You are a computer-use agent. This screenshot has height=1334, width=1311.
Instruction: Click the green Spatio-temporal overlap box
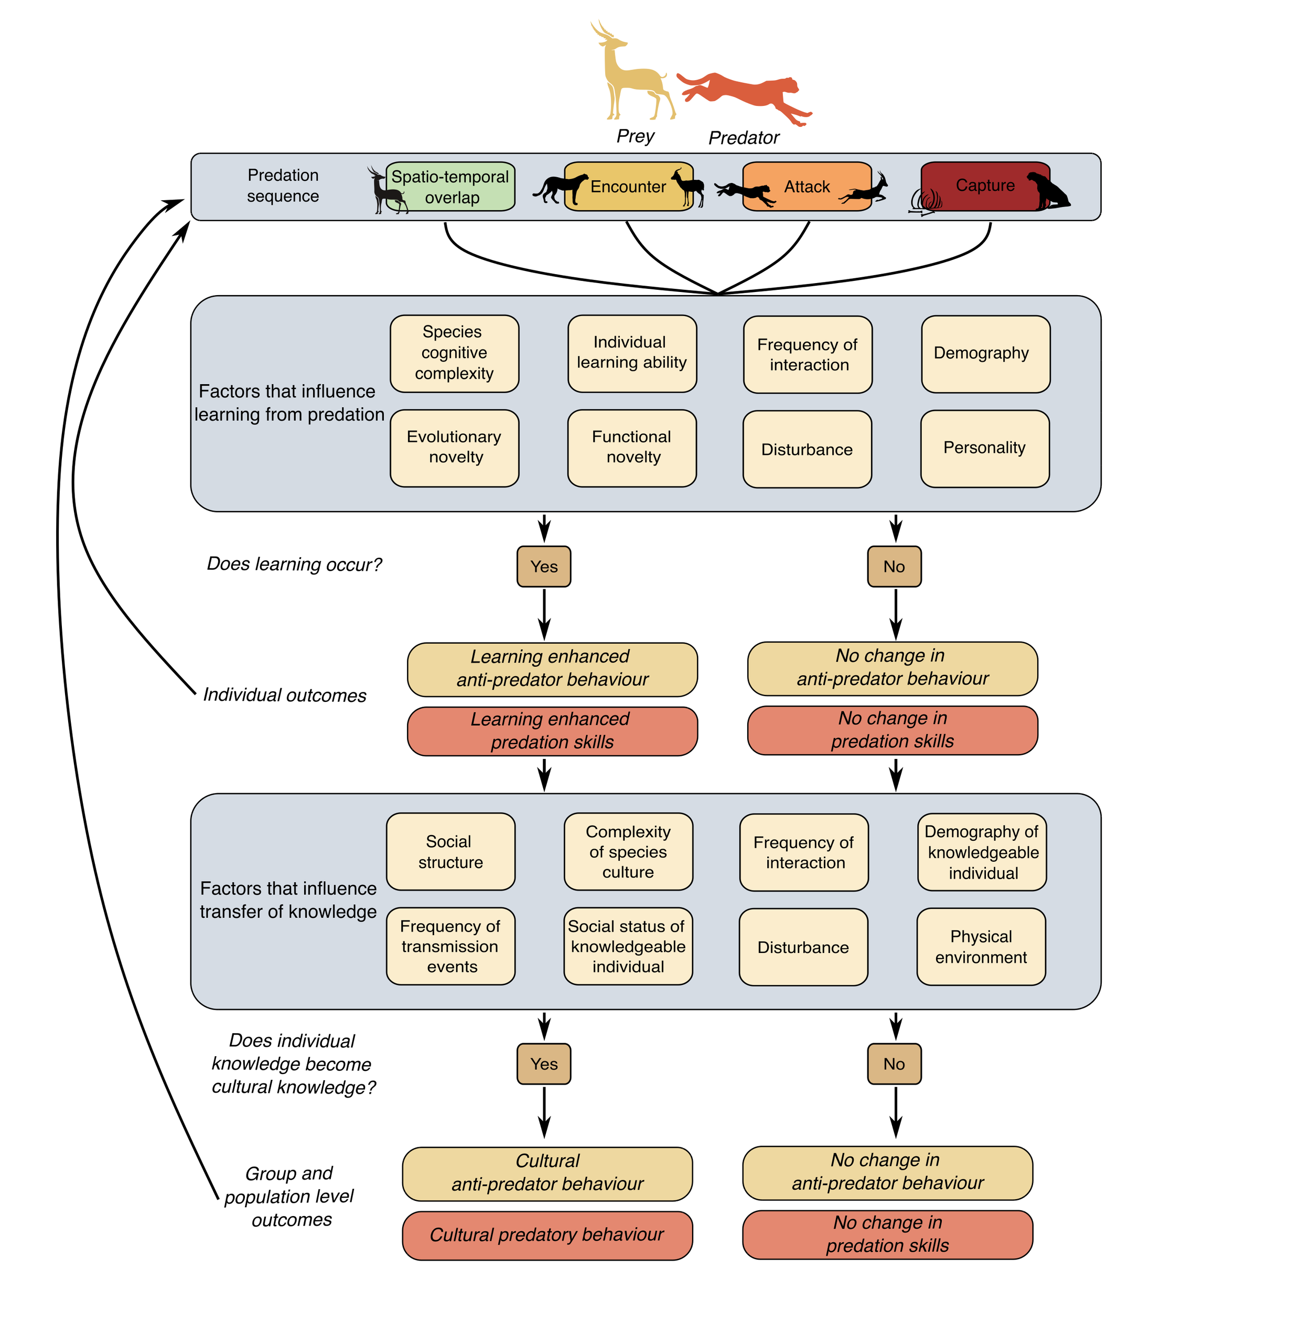tap(451, 187)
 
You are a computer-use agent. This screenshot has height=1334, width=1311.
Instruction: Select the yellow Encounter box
tap(628, 187)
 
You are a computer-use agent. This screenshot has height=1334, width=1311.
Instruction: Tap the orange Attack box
tap(807, 187)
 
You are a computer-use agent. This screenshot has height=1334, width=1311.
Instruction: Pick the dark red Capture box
tap(985, 186)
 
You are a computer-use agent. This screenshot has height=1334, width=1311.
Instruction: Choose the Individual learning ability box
tap(632, 353)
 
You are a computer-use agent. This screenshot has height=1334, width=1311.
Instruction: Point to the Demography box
tap(985, 354)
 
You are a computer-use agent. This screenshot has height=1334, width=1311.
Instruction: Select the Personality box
tap(985, 448)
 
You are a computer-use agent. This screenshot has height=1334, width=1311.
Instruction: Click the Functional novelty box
tap(632, 448)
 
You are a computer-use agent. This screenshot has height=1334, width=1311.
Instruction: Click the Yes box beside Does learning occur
tap(544, 567)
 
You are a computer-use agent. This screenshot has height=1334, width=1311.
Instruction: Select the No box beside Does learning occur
tap(894, 567)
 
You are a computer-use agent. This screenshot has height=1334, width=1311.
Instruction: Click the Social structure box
tap(450, 851)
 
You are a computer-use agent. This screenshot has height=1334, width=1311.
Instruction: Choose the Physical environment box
tap(981, 947)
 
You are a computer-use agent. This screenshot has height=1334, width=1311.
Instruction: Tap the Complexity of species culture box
tap(628, 851)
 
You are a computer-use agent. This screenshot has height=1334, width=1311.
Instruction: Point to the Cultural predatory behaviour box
tap(547, 1235)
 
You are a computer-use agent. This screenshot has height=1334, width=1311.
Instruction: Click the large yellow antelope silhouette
tap(628, 72)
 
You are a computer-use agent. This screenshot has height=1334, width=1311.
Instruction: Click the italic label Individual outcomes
tap(284, 695)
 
